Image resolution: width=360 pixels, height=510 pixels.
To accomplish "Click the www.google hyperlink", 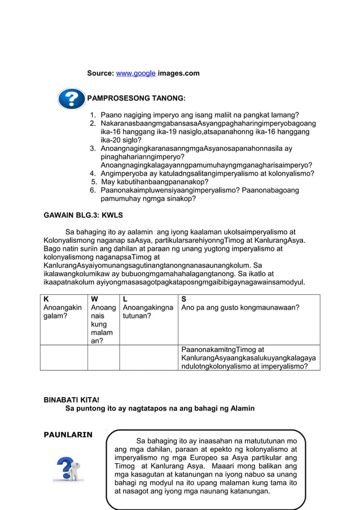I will [135, 73].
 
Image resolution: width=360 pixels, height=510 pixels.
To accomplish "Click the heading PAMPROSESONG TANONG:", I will [136, 98].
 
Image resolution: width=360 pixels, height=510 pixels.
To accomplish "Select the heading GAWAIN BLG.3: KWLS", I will [84, 215].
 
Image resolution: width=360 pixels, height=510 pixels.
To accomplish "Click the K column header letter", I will [46, 299].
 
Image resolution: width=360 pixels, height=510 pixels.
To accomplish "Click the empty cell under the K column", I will [64, 358].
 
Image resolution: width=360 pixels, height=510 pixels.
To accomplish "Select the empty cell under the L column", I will [148, 358].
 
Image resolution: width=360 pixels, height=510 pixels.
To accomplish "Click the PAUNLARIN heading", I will [68, 434].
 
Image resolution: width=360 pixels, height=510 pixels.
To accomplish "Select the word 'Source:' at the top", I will [100, 73].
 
